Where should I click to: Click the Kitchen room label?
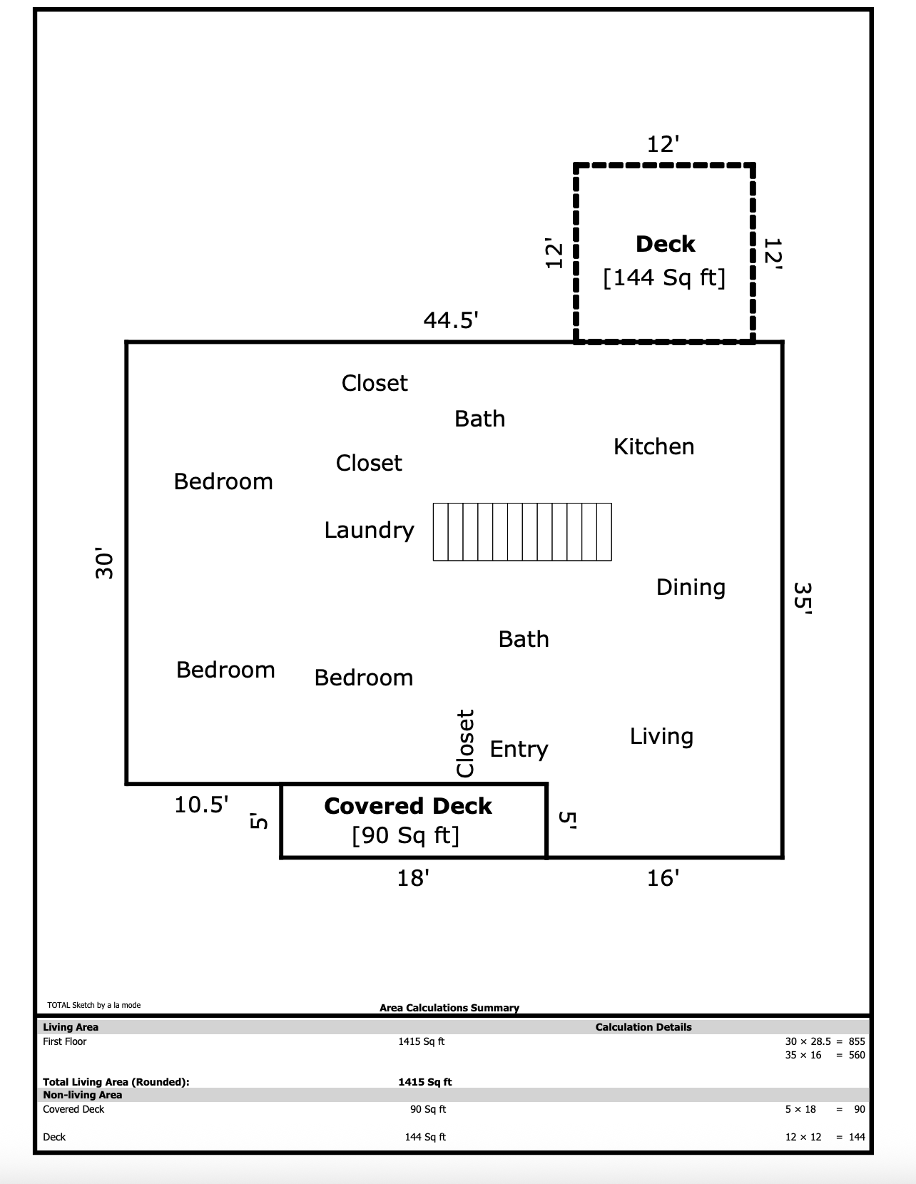click(653, 446)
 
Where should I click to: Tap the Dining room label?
click(691, 588)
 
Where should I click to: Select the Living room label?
click(661, 737)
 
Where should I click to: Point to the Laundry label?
click(369, 531)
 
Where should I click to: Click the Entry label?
click(519, 750)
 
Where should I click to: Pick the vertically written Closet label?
click(465, 743)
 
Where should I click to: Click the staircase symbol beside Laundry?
click(522, 532)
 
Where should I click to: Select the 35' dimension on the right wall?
click(803, 598)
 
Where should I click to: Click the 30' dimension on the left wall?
click(104, 563)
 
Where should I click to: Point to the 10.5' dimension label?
click(201, 805)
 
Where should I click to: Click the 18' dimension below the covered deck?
click(412, 878)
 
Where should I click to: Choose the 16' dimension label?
click(663, 878)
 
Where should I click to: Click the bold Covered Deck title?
click(407, 807)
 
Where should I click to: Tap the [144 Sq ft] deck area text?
click(664, 278)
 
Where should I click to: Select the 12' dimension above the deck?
click(663, 144)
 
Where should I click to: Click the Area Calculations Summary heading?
click(449, 1007)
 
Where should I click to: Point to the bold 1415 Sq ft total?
click(425, 1081)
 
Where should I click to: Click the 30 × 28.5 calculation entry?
click(808, 1041)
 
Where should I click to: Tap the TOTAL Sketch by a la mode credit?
click(93, 1005)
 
